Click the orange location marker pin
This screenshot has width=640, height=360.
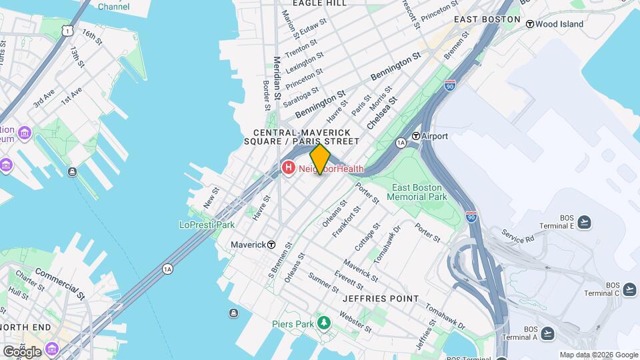pyautogui.click(x=320, y=159)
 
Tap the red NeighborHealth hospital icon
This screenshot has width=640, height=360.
pyautogui.click(x=289, y=168)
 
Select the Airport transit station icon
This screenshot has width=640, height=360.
pyautogui.click(x=416, y=136)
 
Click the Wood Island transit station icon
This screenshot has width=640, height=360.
pyautogui.click(x=530, y=24)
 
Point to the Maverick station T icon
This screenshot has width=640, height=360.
pyautogui.click(x=271, y=245)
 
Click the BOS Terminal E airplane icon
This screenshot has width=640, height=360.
pyautogui.click(x=585, y=222)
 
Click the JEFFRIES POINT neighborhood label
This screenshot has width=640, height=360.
pyautogui.click(x=381, y=299)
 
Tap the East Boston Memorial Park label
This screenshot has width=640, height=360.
pyautogui.click(x=418, y=193)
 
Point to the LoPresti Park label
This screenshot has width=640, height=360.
pyautogui.click(x=206, y=225)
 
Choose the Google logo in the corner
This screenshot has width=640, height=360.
pyautogui.click(x=22, y=351)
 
